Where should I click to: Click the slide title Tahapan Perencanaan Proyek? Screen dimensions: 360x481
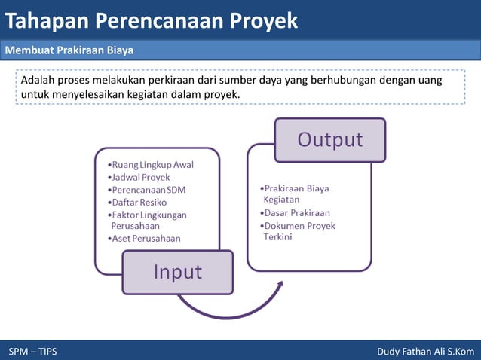(x=151, y=21)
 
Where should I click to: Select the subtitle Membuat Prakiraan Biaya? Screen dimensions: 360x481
(x=69, y=51)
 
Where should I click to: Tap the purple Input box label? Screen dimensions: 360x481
(x=178, y=272)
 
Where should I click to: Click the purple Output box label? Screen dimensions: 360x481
(x=329, y=139)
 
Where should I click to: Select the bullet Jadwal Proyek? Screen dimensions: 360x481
(x=140, y=177)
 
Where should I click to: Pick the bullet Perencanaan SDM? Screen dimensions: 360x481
(x=148, y=190)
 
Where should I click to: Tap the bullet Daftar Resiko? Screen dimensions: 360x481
(x=139, y=202)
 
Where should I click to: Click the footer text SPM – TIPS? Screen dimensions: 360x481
(x=32, y=352)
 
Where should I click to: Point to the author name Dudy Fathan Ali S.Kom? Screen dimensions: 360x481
(x=425, y=352)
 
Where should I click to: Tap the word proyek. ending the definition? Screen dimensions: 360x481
(x=223, y=95)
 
